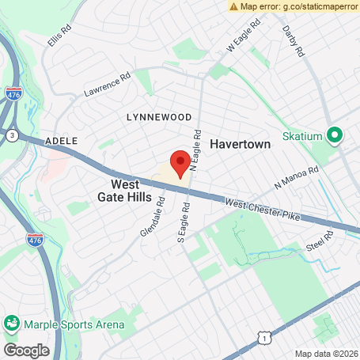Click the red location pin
[180, 163]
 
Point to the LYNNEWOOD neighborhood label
[159, 116]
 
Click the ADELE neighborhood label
[62, 140]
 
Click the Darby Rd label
[294, 40]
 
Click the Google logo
[26, 350]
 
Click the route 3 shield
[12, 135]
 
